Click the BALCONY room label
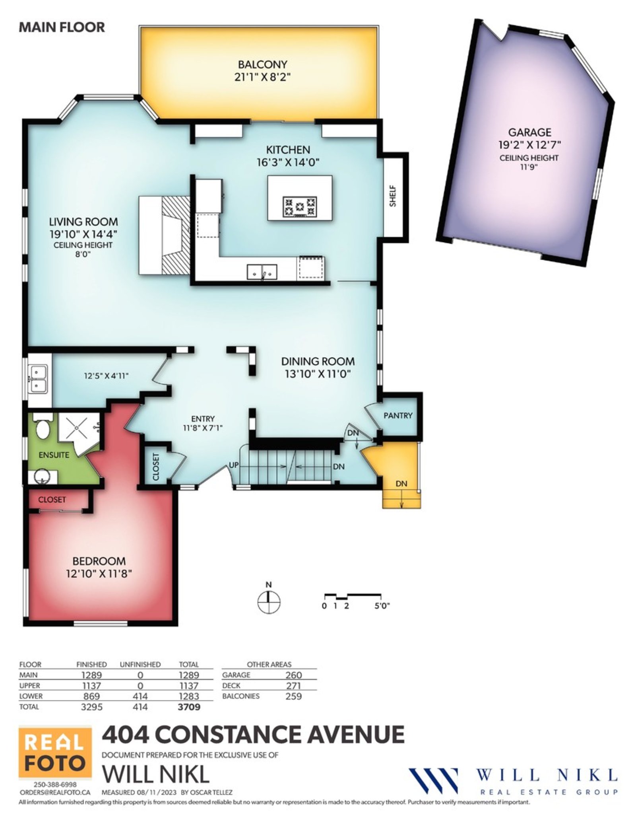(x=262, y=64)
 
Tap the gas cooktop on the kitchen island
(x=300, y=207)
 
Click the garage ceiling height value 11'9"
(x=528, y=167)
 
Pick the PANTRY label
(x=398, y=416)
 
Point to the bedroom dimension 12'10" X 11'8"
(x=99, y=574)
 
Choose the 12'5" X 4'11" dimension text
(x=106, y=376)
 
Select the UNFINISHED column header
(x=140, y=664)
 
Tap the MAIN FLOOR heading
(x=62, y=27)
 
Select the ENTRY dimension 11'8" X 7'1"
(x=203, y=428)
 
